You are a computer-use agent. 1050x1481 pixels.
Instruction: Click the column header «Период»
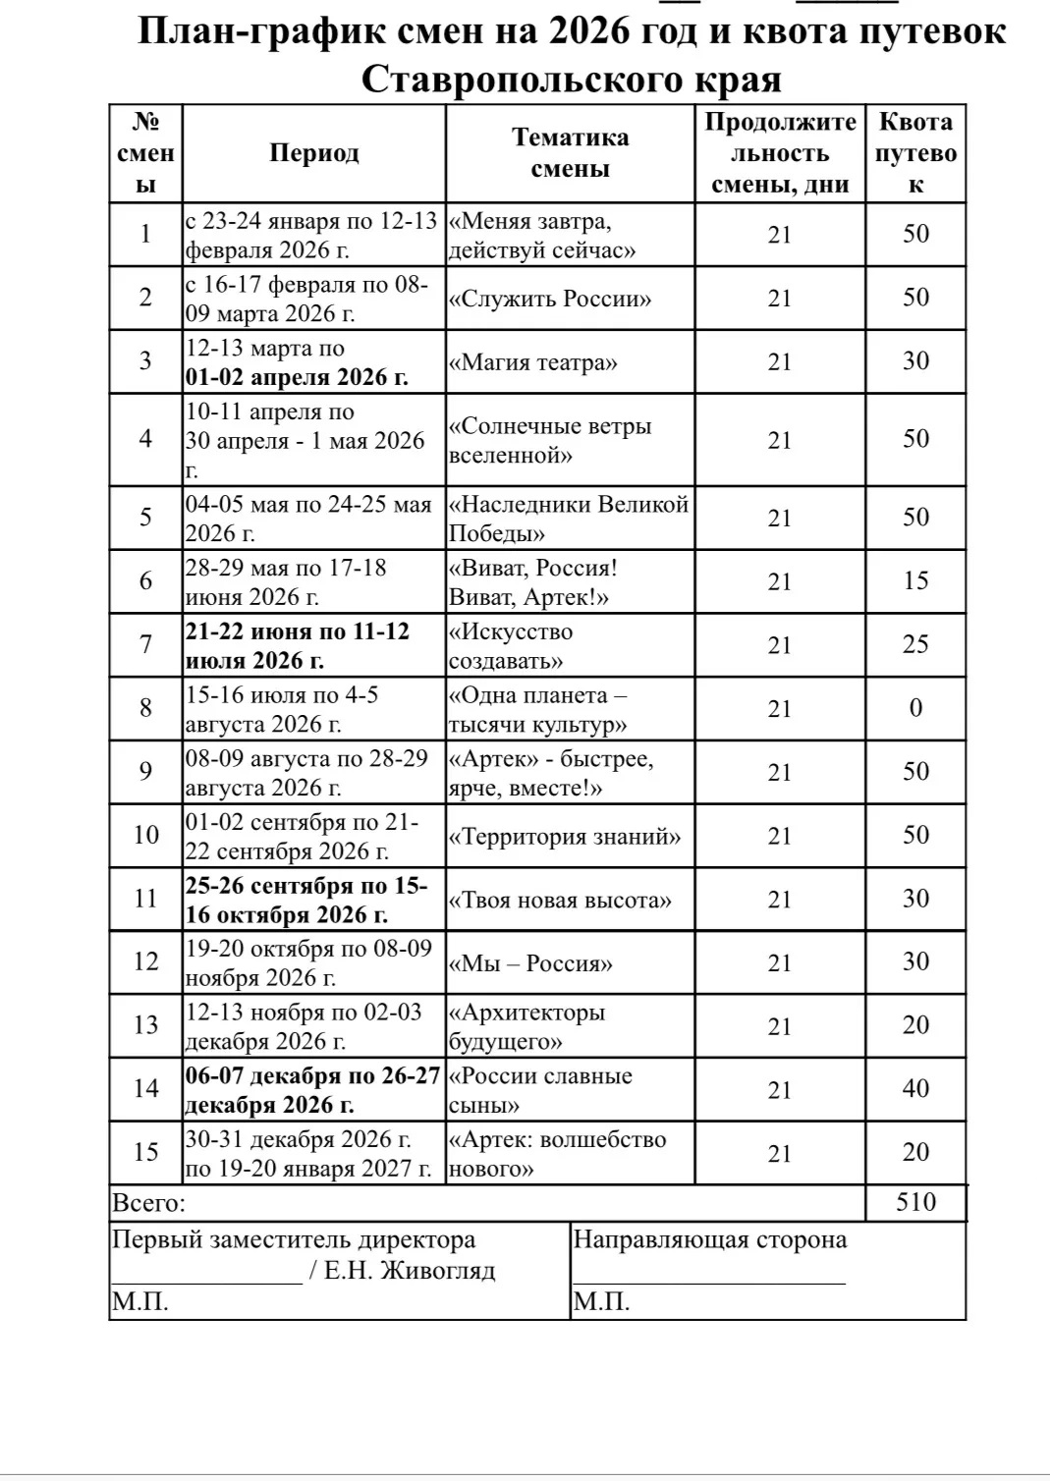click(314, 153)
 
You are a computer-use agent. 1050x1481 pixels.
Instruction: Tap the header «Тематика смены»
click(570, 153)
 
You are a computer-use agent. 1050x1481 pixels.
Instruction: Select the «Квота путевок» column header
click(915, 153)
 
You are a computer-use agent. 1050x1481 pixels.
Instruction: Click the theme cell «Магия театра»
click(533, 362)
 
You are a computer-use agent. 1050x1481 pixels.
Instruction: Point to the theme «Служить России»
click(550, 299)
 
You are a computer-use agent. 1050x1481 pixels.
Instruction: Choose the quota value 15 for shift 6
click(915, 580)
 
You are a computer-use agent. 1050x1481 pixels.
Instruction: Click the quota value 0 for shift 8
click(915, 708)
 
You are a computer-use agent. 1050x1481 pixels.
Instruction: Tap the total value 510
click(915, 1202)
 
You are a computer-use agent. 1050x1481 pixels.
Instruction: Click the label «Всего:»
click(149, 1203)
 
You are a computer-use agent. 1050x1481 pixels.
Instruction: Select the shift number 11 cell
click(145, 899)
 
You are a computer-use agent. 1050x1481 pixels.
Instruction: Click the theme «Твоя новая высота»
click(561, 900)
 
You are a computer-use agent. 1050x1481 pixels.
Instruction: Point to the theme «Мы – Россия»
click(530, 963)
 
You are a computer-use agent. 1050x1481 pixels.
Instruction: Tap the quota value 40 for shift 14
click(915, 1088)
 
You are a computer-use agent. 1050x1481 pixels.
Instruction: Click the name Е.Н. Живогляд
click(410, 1271)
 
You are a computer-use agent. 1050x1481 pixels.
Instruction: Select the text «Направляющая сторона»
click(709, 1239)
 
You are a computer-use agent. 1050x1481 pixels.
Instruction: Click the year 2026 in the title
click(589, 31)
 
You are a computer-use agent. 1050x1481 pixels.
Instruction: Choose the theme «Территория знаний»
click(565, 837)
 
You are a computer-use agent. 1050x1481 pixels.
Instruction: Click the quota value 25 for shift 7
click(915, 644)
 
